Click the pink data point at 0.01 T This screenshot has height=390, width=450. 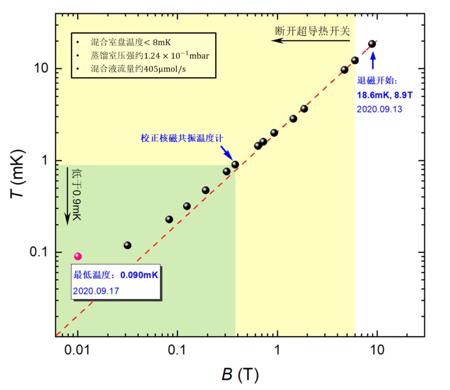pyautogui.click(x=78, y=256)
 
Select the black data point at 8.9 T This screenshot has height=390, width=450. pyautogui.click(x=372, y=44)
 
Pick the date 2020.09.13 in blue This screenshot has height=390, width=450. pyautogui.click(x=380, y=109)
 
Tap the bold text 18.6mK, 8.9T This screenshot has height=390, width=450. pyautogui.click(x=384, y=95)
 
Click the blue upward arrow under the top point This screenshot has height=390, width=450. pyautogui.click(x=373, y=60)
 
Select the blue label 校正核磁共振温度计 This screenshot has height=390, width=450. pyautogui.click(x=182, y=138)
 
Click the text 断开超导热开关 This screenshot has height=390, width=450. pyautogui.click(x=312, y=31)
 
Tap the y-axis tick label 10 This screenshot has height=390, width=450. pyautogui.click(x=42, y=68)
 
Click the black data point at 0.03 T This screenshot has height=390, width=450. pyautogui.click(x=127, y=245)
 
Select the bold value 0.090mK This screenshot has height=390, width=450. pyautogui.click(x=139, y=275)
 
